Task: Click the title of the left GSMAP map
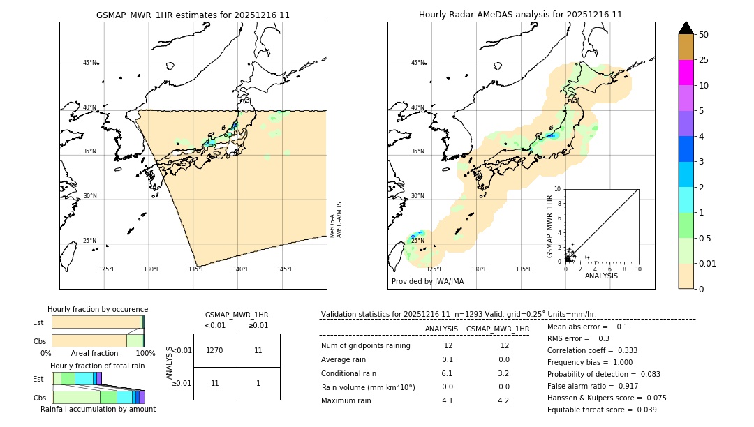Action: tap(193, 15)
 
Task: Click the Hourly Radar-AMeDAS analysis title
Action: tap(520, 15)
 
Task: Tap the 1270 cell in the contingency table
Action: tap(215, 350)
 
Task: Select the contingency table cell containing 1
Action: tap(258, 383)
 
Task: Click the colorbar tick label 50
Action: tap(704, 35)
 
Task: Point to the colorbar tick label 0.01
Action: tap(708, 263)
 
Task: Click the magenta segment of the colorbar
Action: tap(686, 73)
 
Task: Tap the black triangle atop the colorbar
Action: tap(686, 28)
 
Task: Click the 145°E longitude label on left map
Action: tap(285, 269)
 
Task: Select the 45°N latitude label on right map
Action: tap(417, 63)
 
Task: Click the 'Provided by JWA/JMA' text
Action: tap(427, 282)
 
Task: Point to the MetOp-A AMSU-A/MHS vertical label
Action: tap(336, 220)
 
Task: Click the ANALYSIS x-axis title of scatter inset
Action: tap(601, 276)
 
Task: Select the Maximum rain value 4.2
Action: tap(503, 400)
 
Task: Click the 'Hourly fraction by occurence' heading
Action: tap(98, 309)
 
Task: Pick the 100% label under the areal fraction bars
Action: tap(145, 354)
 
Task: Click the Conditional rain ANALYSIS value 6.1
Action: tap(448, 373)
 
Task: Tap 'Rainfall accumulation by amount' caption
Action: tap(98, 409)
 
